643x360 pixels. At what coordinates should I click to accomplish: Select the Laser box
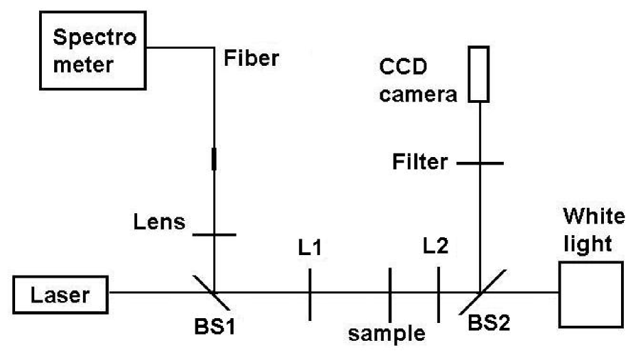(62, 296)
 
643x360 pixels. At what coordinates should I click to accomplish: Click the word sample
(387, 334)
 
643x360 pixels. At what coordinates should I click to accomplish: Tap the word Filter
(421, 163)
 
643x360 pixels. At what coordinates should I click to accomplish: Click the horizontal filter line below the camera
(480, 164)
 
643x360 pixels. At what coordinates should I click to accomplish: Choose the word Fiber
(252, 58)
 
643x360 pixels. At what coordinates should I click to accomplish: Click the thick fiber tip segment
(214, 159)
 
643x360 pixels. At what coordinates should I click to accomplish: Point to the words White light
(594, 230)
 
